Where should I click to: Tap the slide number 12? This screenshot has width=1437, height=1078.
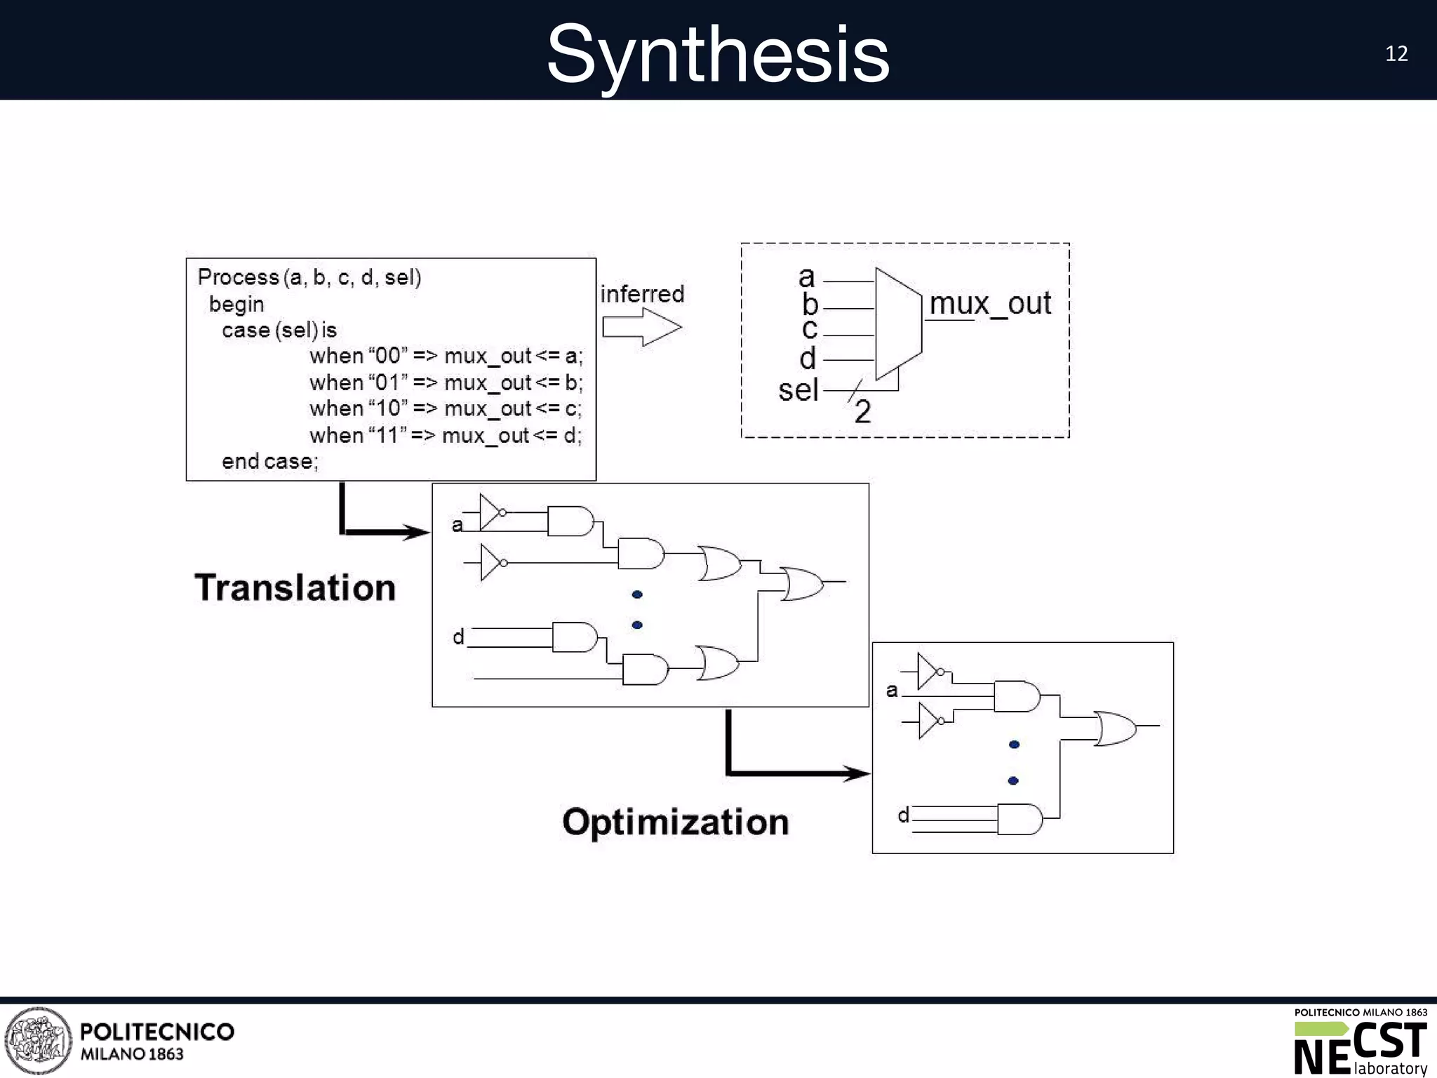click(1396, 54)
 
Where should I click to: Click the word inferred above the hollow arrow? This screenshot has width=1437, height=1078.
click(642, 293)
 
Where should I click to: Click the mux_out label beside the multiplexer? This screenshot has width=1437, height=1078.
click(989, 304)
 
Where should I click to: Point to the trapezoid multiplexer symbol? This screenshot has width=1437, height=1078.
click(898, 324)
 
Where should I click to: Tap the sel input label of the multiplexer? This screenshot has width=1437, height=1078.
click(798, 390)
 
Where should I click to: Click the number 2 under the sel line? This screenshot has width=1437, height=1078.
click(862, 412)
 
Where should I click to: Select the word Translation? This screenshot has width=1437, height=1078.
click(295, 587)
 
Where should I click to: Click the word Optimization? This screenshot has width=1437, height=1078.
click(675, 822)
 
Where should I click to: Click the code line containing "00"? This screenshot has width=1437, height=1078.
click(446, 356)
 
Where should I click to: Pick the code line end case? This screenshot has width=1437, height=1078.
click(270, 461)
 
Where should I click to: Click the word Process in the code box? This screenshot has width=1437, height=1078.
click(238, 277)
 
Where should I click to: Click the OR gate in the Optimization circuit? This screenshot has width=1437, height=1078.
click(1116, 728)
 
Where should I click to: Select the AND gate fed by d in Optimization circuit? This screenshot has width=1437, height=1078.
click(1020, 819)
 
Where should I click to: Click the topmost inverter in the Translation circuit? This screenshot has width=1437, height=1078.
click(492, 512)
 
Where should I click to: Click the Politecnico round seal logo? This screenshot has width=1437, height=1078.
click(39, 1041)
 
